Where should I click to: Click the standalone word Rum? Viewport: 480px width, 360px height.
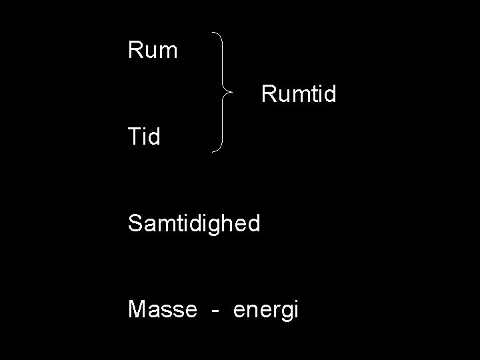point(153,50)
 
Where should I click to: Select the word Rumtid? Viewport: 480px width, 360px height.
point(299,94)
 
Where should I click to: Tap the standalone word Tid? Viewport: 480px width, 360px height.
point(144,137)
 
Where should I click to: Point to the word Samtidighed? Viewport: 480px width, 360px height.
point(194,224)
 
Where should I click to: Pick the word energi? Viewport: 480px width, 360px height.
point(265,311)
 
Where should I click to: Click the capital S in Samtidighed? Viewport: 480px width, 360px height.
point(135,223)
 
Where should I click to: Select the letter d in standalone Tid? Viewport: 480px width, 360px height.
point(154,137)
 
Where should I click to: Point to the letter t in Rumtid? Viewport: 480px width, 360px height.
point(311,94)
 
